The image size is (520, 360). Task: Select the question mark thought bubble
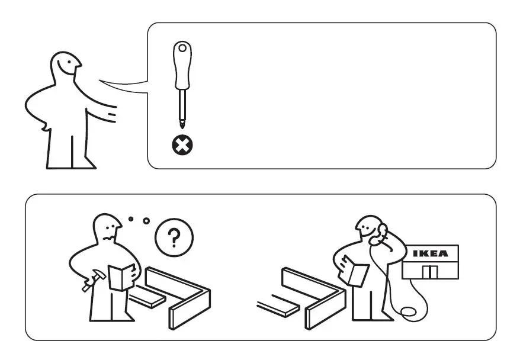[174, 238]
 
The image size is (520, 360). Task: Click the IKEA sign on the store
[431, 254]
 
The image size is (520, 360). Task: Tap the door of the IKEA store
[431, 272]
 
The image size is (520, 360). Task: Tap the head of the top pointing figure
[65, 65]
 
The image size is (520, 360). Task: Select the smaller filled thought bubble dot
[131, 218]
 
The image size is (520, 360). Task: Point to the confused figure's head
[107, 229]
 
